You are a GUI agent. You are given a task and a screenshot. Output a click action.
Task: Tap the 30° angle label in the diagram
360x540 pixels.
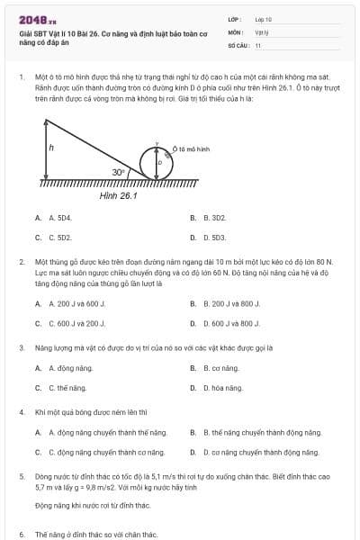118,171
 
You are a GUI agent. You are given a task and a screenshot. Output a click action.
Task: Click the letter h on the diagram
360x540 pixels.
52,147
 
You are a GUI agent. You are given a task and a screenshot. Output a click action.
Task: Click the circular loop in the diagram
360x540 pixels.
157,162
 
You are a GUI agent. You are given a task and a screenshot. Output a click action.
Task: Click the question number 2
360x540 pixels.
22,261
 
